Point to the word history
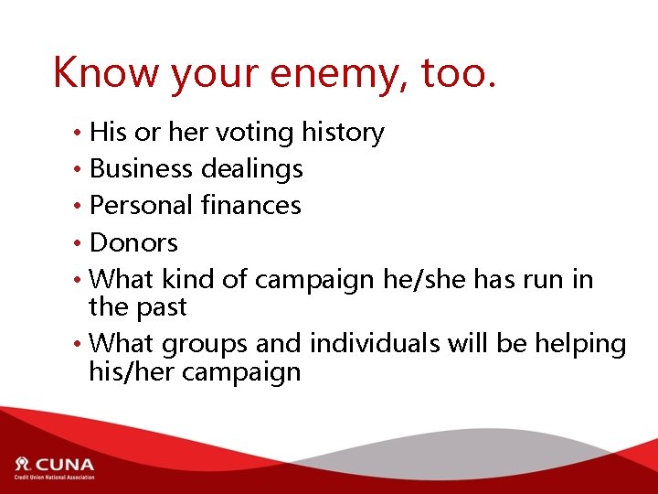click(342, 133)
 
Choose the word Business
click(142, 169)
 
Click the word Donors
click(133, 243)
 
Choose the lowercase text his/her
click(130, 372)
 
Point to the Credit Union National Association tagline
click(53, 477)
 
